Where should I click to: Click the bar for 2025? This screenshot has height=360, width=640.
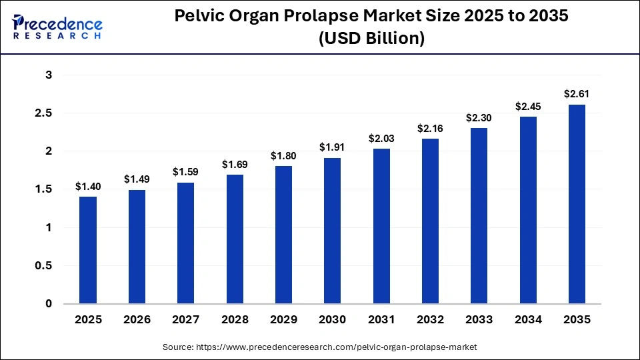(x=88, y=250)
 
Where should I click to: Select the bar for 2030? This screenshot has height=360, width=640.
(x=333, y=231)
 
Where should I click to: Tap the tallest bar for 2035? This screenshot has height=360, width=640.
(x=577, y=204)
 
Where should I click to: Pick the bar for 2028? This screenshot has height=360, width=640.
(x=235, y=239)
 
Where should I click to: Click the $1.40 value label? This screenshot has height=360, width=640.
(x=88, y=187)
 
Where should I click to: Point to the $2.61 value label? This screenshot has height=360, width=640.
(x=577, y=94)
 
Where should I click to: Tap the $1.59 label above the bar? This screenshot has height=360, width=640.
(x=186, y=172)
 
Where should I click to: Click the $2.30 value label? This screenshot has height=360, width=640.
(x=479, y=118)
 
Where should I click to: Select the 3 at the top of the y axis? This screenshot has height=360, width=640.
(x=48, y=75)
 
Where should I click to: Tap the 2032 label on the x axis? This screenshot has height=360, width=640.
(x=430, y=320)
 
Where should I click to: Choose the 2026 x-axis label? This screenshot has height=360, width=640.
(x=137, y=320)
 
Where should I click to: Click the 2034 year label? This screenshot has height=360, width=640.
(x=528, y=320)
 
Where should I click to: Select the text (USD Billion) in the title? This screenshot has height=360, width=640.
(x=371, y=39)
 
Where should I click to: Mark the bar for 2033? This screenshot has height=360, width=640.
(x=479, y=216)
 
